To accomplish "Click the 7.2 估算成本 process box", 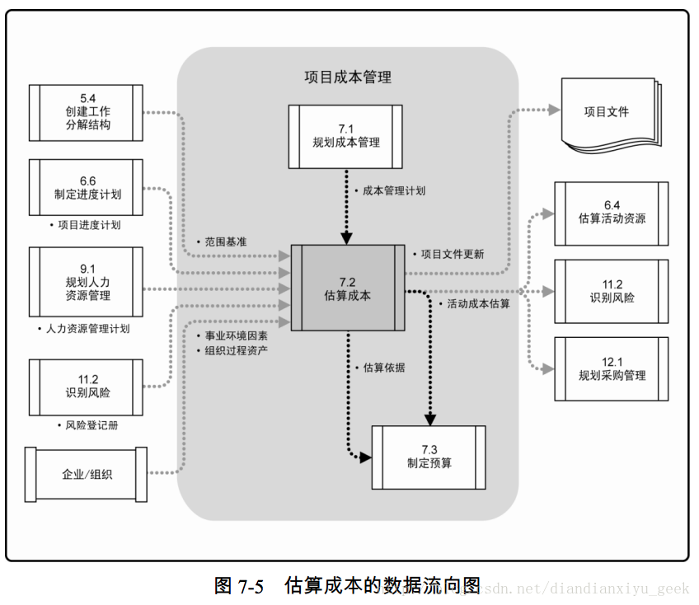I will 347,285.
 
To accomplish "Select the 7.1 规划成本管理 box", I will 346,135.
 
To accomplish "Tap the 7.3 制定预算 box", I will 429,456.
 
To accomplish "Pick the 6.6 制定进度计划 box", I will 87,187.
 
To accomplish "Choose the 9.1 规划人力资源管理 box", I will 87,282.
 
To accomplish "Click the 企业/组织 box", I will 87,474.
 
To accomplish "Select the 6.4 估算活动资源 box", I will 611,213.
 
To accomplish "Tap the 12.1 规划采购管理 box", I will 611,368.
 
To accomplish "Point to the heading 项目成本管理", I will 348,77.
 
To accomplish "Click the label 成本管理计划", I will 394,190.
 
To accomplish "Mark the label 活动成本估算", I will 478,303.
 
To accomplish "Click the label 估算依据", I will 383,368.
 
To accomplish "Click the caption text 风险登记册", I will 91,425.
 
